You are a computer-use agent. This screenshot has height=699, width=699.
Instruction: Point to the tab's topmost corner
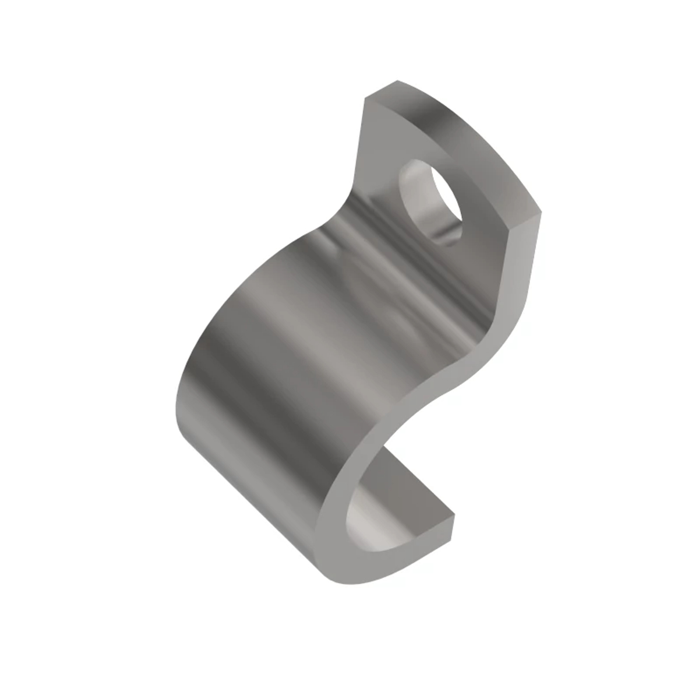tap(397, 81)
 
